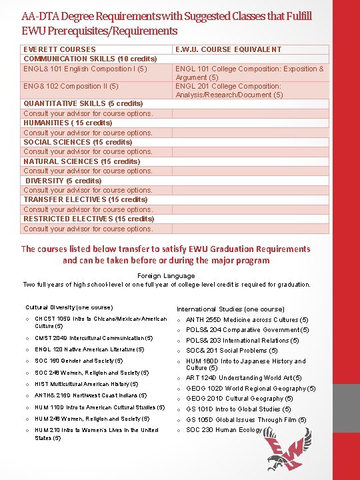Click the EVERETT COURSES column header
[x=59, y=49]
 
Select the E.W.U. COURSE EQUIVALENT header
[x=228, y=49]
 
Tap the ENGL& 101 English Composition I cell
[x=85, y=69]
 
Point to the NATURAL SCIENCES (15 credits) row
[x=82, y=161]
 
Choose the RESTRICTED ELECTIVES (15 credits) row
[x=89, y=219]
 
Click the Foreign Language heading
[x=166, y=275]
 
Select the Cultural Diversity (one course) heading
[x=69, y=307]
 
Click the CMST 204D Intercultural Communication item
[x=93, y=338]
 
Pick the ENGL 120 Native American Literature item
[x=89, y=349]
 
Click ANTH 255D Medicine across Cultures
[x=247, y=319]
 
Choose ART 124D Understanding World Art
[x=243, y=378]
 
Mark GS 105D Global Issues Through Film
[x=246, y=420]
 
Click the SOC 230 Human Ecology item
[x=224, y=430]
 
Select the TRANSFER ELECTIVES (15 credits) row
[x=85, y=199]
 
